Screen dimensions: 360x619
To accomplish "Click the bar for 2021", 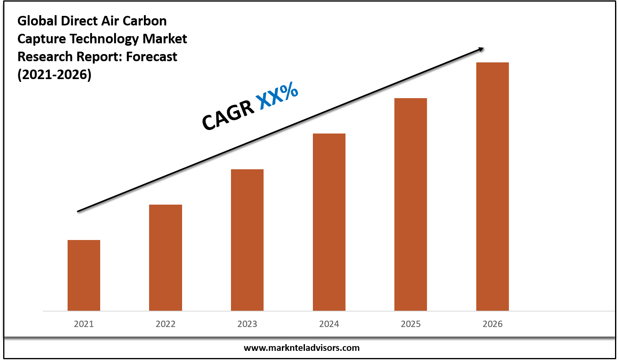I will click(x=84, y=275).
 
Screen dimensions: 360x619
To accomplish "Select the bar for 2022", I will click(x=165, y=257).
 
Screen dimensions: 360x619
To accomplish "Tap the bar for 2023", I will click(x=247, y=240).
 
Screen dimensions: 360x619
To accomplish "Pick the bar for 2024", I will click(x=329, y=222).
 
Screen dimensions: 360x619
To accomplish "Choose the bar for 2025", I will click(x=411, y=204).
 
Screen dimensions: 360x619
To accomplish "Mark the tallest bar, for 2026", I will click(x=493, y=186).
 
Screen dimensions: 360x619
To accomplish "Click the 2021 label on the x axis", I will click(x=84, y=324).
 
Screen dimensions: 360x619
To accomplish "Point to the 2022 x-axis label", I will click(x=165, y=324).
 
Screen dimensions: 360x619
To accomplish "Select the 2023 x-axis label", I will click(x=247, y=324).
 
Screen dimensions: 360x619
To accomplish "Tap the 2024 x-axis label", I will click(x=329, y=324).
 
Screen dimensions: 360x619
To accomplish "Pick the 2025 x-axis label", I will click(x=411, y=324).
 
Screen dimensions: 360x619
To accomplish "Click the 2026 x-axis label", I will click(x=493, y=324).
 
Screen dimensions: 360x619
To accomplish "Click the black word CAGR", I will click(x=228, y=115).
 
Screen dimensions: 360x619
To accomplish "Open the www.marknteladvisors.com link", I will click(x=301, y=348).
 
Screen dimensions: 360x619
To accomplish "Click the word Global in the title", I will click(x=37, y=21).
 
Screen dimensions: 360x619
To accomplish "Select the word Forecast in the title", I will click(x=151, y=57).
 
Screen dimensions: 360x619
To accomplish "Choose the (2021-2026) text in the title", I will click(x=54, y=75).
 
